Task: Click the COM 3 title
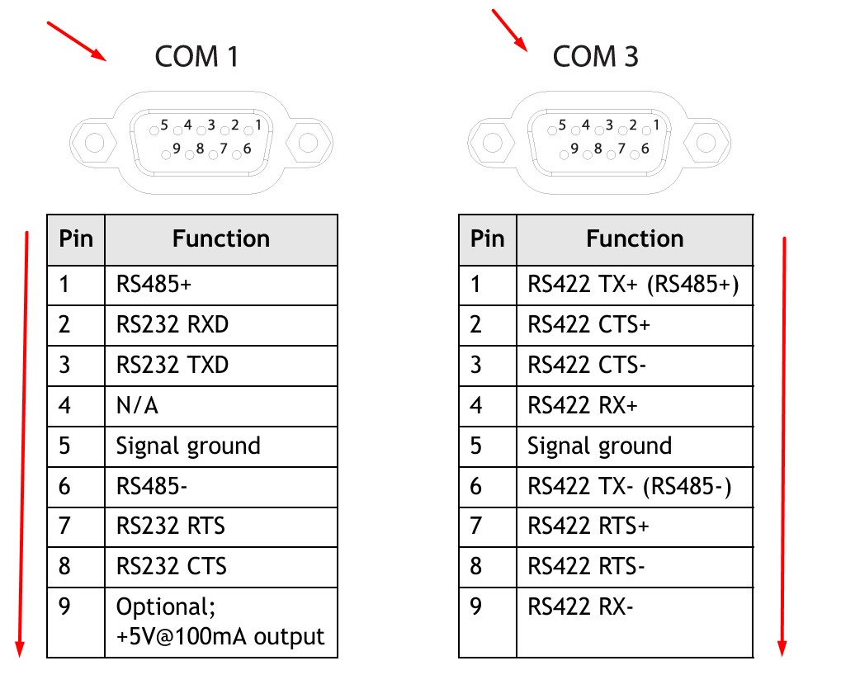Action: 595,56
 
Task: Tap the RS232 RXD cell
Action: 172,325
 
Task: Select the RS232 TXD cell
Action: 172,366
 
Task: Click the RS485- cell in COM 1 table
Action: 152,487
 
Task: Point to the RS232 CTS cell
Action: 171,567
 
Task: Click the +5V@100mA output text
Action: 220,636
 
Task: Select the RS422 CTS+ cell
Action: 588,325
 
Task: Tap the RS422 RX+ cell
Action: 584,406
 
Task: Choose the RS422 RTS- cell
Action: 587,567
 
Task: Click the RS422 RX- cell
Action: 580,607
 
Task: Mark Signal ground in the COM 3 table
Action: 599,446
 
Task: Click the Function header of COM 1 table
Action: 221,239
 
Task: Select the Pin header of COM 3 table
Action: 487,239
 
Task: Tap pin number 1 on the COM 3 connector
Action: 656,125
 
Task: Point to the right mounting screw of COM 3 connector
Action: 706,143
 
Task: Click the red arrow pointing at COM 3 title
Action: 510,31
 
